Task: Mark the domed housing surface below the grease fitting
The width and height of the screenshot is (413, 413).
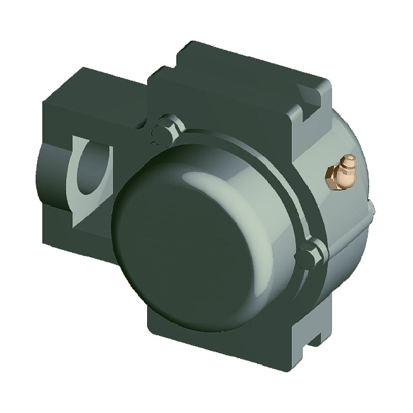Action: [346, 217]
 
